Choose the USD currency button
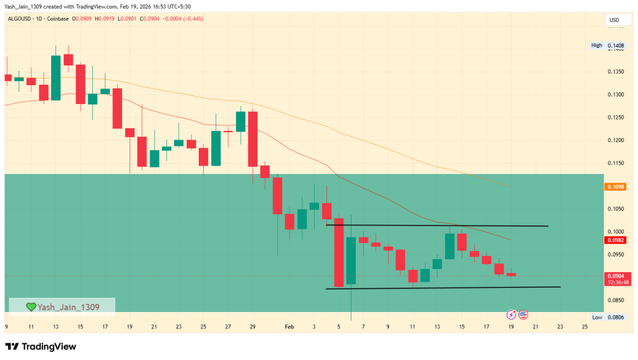(614, 21)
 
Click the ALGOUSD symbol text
(21, 19)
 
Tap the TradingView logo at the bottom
(41, 346)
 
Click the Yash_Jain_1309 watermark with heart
(62, 306)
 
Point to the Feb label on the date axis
(288, 326)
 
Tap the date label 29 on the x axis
(252, 326)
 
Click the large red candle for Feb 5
(340, 252)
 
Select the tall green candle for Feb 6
(351, 260)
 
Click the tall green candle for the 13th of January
(56, 77)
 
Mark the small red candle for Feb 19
(512, 274)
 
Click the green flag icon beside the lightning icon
(523, 315)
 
